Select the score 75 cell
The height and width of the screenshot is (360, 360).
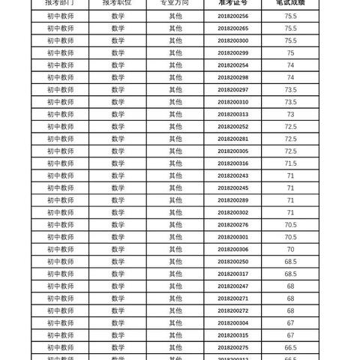point(290,52)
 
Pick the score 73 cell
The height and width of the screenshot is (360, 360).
point(290,114)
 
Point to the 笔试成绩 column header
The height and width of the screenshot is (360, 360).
point(290,3)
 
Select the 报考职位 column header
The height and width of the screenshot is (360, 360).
point(118,3)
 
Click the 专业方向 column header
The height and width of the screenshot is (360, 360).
point(175,3)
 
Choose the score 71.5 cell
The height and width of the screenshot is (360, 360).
point(290,163)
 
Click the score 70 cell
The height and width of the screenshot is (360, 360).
point(290,249)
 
